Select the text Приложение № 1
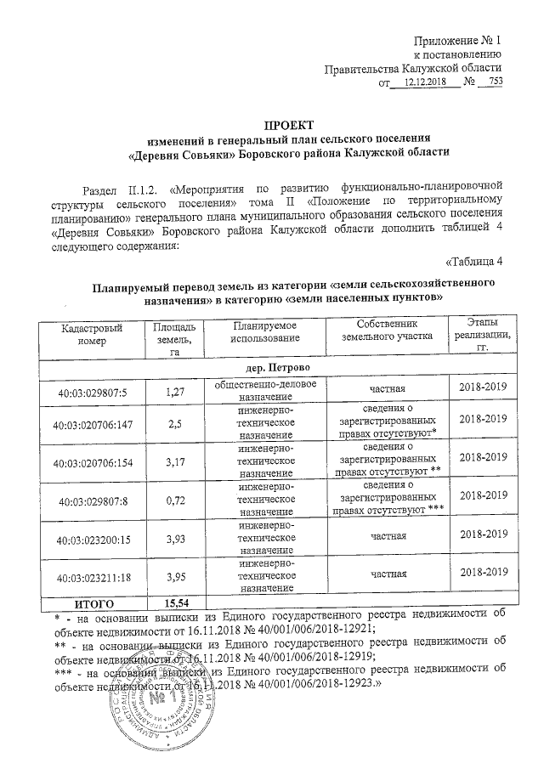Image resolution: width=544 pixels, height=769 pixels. pyautogui.click(x=457, y=41)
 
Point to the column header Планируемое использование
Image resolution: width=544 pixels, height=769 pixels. pyautogui.click(x=259, y=332)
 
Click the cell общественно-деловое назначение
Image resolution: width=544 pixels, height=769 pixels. pyautogui.click(x=259, y=390)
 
